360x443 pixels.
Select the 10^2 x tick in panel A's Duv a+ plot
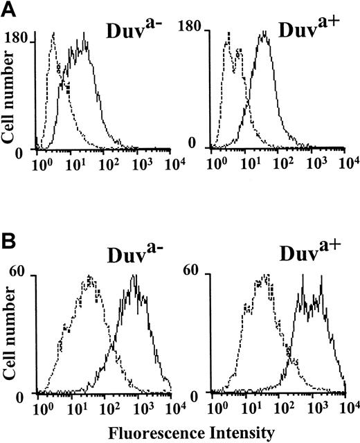click(282, 165)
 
